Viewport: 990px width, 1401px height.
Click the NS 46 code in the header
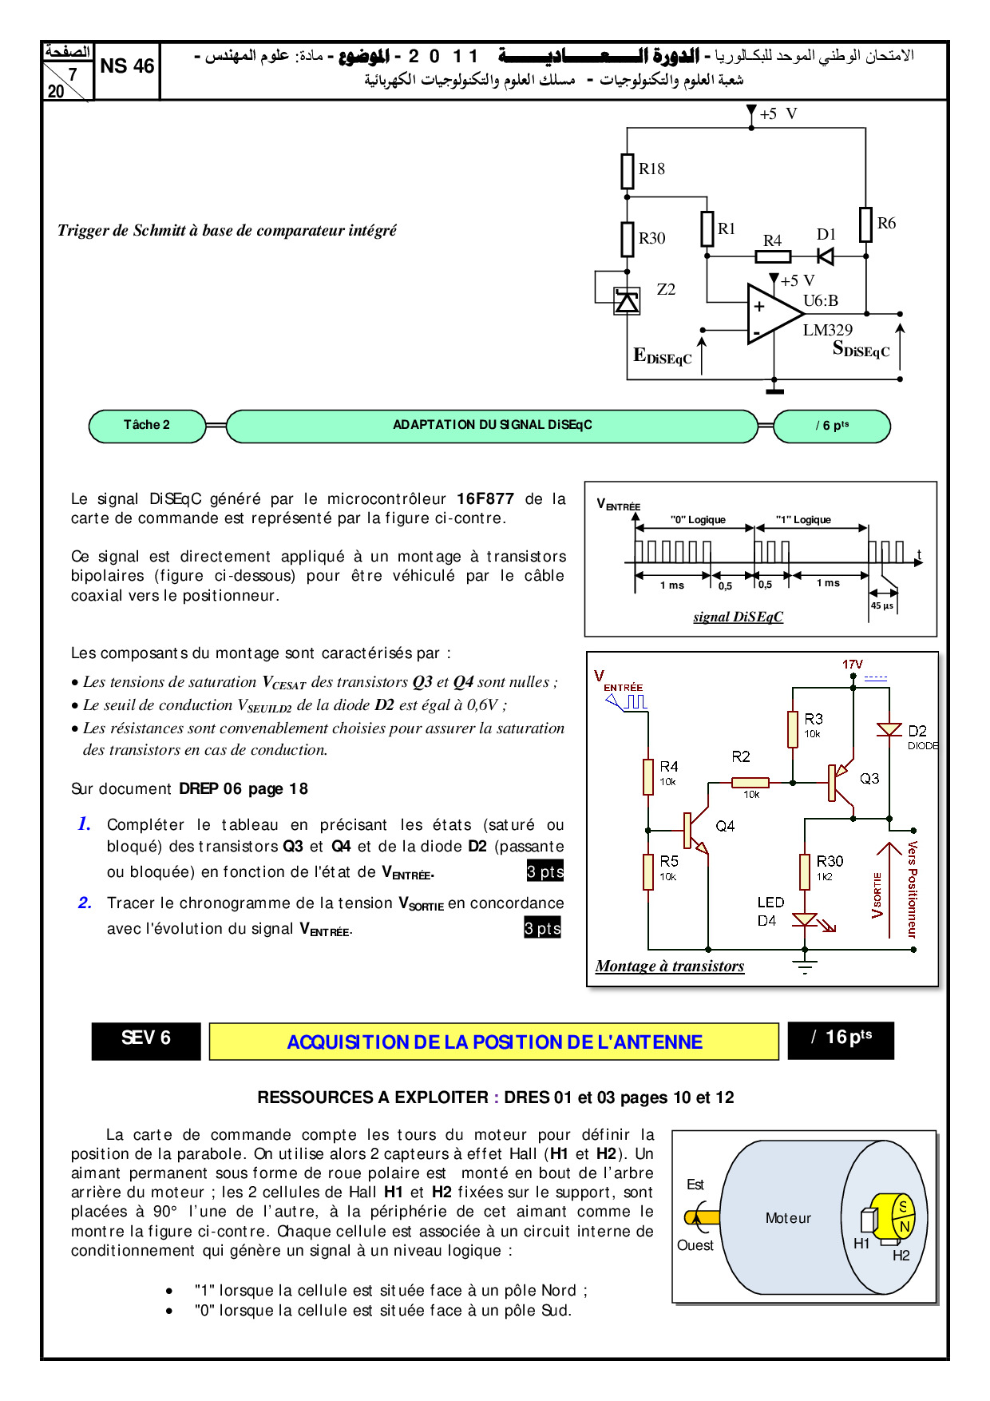pyautogui.click(x=127, y=66)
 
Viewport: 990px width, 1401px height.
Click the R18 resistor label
pyautogui.click(x=651, y=169)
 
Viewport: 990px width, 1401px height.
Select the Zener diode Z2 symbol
pyautogui.click(x=627, y=302)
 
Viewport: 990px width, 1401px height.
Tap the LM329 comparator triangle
pyautogui.click(x=771, y=313)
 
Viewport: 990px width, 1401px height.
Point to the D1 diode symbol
pyautogui.click(x=826, y=256)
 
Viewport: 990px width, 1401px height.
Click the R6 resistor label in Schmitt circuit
pyautogui.click(x=886, y=224)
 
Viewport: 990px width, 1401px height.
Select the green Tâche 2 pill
pyautogui.click(x=147, y=425)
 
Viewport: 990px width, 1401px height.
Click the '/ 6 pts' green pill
pyautogui.click(x=832, y=426)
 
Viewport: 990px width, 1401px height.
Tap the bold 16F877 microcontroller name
pyautogui.click(x=485, y=499)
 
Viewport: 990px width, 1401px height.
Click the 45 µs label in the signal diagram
pyautogui.click(x=882, y=605)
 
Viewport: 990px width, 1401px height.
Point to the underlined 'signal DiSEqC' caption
pyautogui.click(x=738, y=617)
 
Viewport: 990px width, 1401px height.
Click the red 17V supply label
pyautogui.click(x=853, y=665)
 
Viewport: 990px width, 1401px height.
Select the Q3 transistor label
pyautogui.click(x=869, y=778)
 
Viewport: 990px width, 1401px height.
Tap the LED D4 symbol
pyautogui.click(x=805, y=920)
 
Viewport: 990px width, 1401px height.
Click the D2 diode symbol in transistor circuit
pyautogui.click(x=889, y=729)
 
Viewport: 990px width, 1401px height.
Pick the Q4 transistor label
pyautogui.click(x=725, y=826)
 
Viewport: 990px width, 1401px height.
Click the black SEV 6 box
pyautogui.click(x=146, y=1038)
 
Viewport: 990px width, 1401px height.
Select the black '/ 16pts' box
pyautogui.click(x=841, y=1038)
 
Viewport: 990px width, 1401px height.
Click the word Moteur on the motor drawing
pyautogui.click(x=788, y=1218)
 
